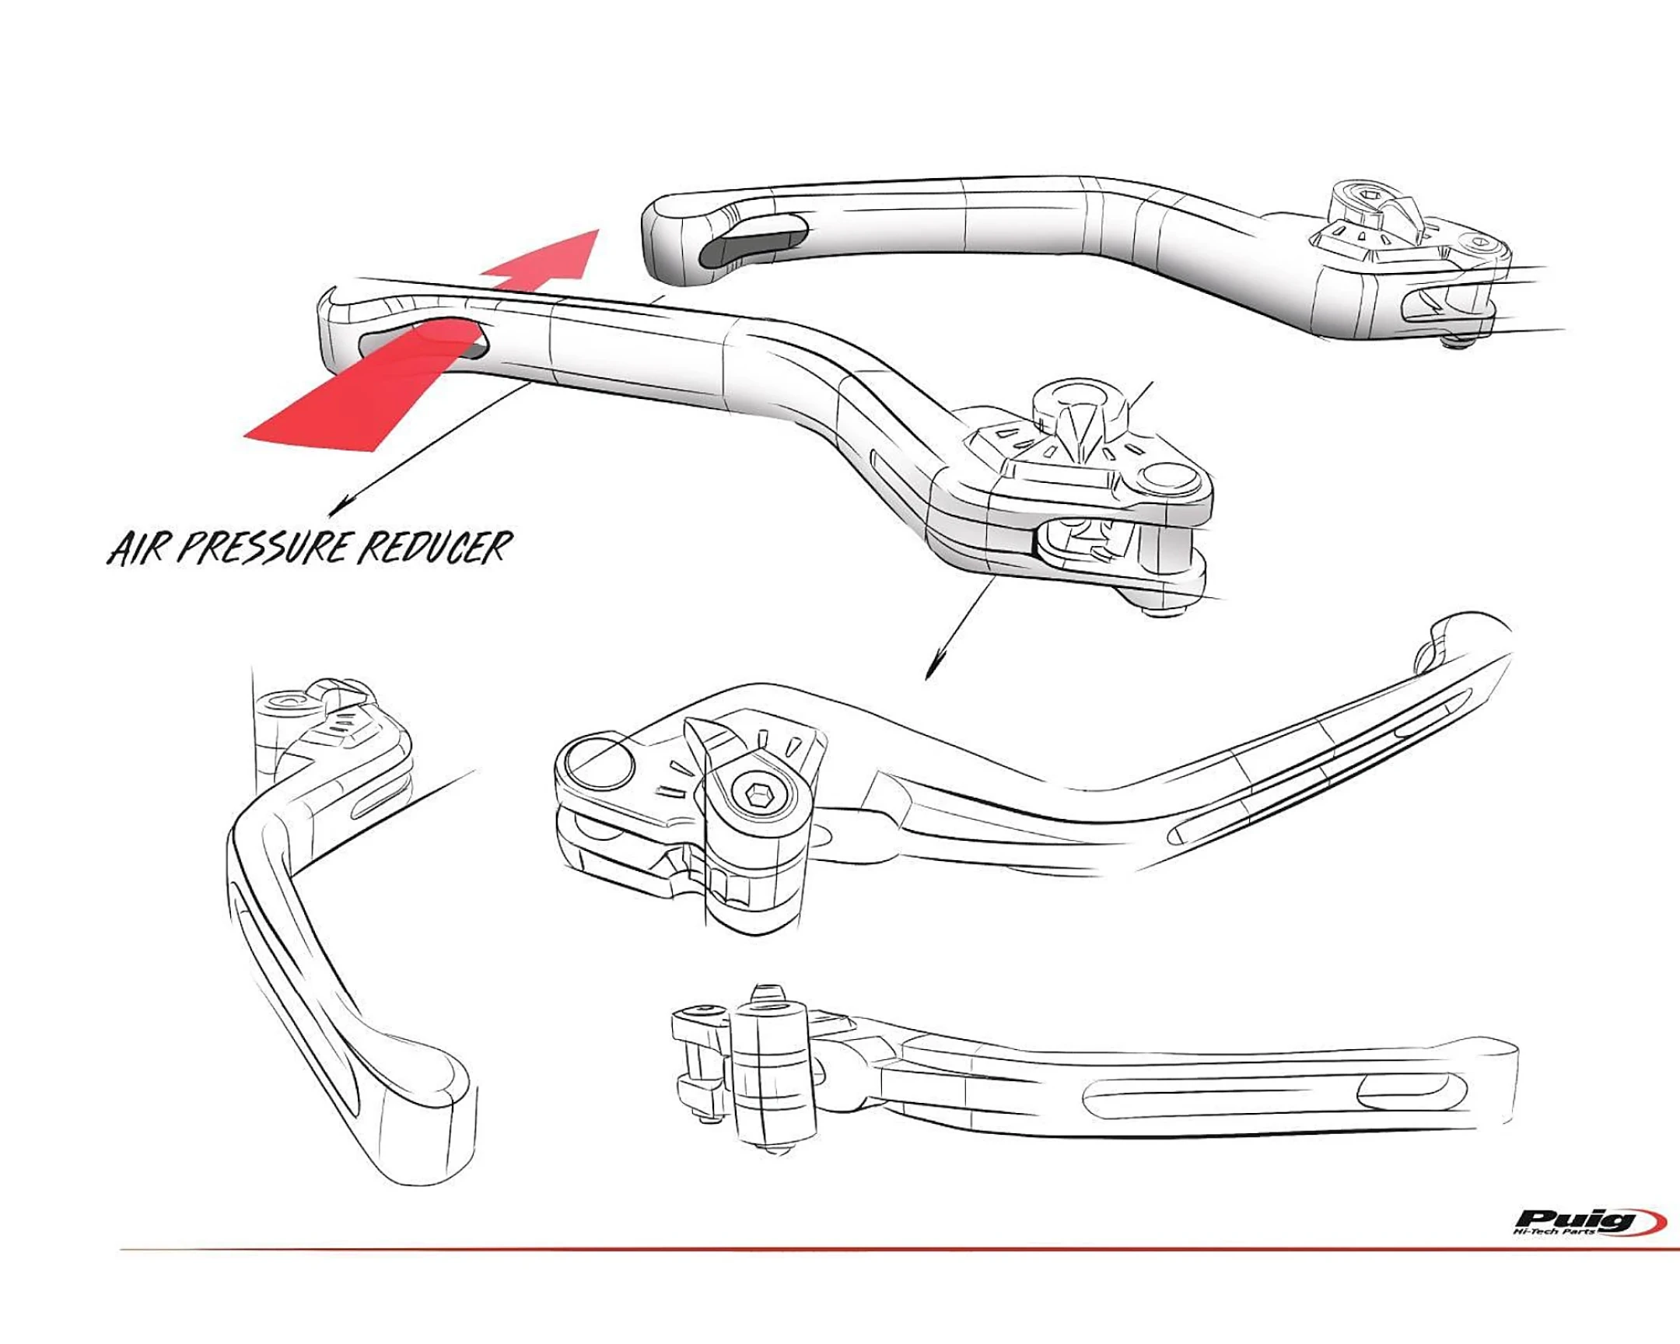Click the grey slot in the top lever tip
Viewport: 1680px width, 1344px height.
[753, 244]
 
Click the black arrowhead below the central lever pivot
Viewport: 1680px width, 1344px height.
[931, 670]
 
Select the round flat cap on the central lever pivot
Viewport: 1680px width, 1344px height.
[1166, 476]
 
